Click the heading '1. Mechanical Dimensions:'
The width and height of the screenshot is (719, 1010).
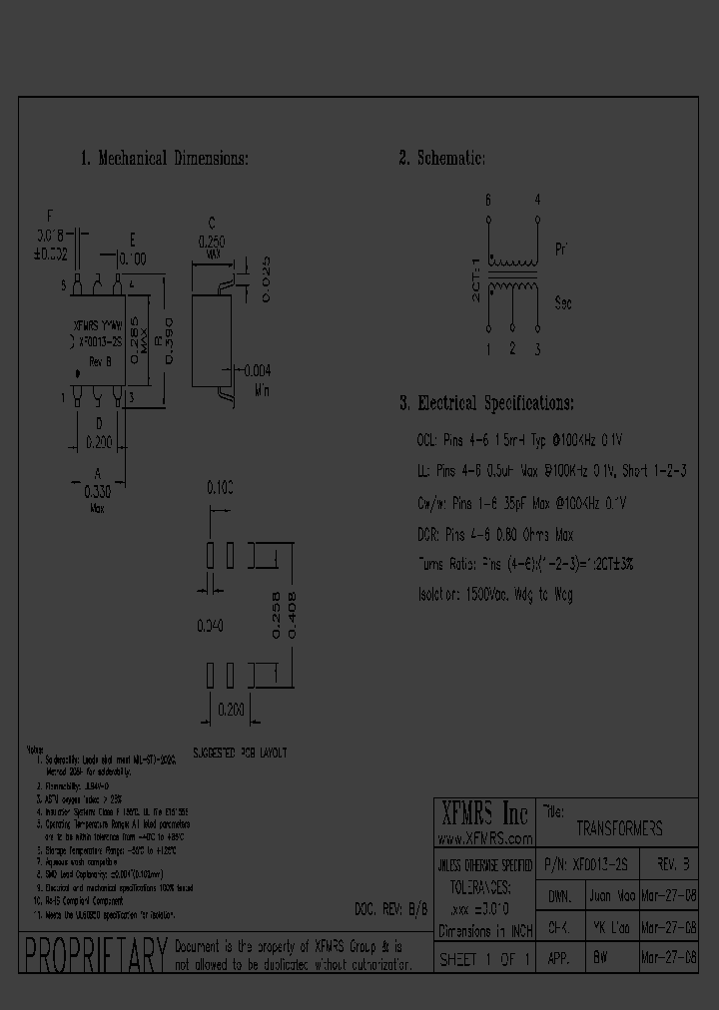pyautogui.click(x=164, y=159)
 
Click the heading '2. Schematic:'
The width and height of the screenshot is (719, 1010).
pyautogui.click(x=442, y=159)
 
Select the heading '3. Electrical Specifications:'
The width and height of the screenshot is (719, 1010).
pyautogui.click(x=486, y=403)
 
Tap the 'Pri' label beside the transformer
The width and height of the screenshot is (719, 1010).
pyautogui.click(x=560, y=249)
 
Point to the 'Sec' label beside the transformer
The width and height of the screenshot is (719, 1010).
pyautogui.click(x=562, y=302)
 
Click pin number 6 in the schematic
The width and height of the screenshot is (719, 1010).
pyautogui.click(x=488, y=201)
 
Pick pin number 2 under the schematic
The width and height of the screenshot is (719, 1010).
pyautogui.click(x=512, y=347)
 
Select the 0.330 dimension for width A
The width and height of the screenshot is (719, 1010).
pyautogui.click(x=98, y=492)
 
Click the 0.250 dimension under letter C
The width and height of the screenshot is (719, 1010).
pyautogui.click(x=212, y=241)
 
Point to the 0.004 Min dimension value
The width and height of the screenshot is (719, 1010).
pyautogui.click(x=258, y=370)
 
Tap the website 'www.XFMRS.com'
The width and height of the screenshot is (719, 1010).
pyautogui.click(x=486, y=838)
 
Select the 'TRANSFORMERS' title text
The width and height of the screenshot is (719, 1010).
pyautogui.click(x=619, y=829)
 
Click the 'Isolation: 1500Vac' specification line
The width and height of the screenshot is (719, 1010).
pyautogui.click(x=494, y=594)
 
